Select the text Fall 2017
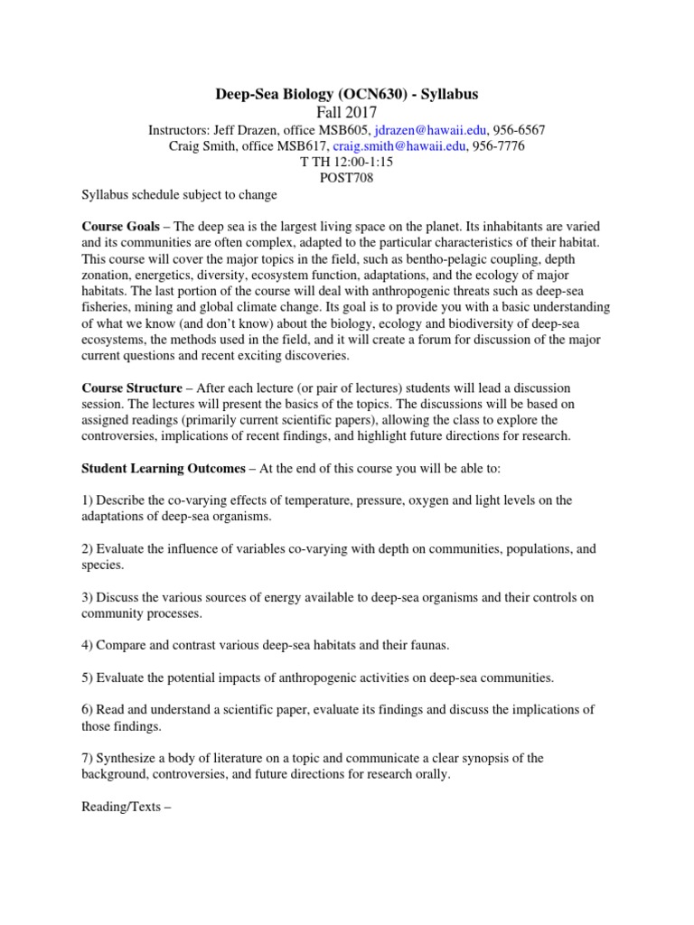pyautogui.click(x=347, y=112)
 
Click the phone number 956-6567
pyautogui.click(x=513, y=130)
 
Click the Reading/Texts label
pyautogui.click(x=120, y=798)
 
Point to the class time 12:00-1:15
pyautogui.click(x=360, y=163)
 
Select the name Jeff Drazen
pyautogui.click(x=240, y=130)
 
